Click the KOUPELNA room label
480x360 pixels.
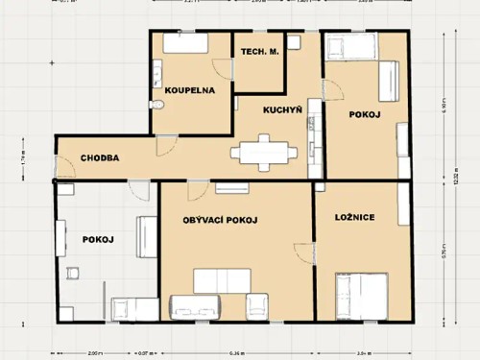point(189,90)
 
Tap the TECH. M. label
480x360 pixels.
point(259,52)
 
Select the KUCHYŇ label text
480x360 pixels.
point(283,110)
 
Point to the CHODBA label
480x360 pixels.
point(100,158)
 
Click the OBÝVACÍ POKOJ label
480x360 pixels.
point(220,220)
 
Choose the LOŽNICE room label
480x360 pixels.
point(355,217)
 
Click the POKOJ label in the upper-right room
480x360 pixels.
point(365,114)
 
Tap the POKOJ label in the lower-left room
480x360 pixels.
point(98,239)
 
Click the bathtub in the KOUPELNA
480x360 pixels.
point(183,42)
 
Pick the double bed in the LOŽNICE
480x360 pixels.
point(361,296)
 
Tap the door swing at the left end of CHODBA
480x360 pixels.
point(67,169)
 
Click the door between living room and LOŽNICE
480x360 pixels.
point(305,254)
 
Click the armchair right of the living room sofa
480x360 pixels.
point(258,306)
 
